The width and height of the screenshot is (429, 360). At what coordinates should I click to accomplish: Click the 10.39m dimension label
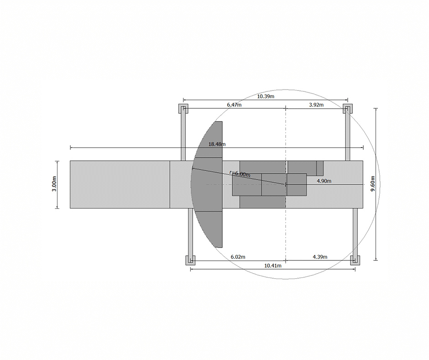(x=266, y=96)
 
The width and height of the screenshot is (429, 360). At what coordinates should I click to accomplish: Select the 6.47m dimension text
(x=234, y=105)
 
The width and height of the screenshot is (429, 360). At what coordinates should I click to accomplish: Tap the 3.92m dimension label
(x=316, y=105)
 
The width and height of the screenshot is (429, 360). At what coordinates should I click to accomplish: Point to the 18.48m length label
(x=217, y=144)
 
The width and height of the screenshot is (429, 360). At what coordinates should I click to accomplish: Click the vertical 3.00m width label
(x=54, y=184)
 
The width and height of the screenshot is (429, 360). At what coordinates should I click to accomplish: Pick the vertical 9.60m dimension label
(x=373, y=184)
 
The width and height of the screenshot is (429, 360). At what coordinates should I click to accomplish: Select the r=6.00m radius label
(x=240, y=174)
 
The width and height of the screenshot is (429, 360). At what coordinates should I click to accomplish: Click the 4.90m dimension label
(x=324, y=181)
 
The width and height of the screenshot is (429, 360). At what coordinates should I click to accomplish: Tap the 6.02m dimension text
(x=238, y=257)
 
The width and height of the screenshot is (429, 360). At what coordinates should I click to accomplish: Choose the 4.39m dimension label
(x=320, y=257)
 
